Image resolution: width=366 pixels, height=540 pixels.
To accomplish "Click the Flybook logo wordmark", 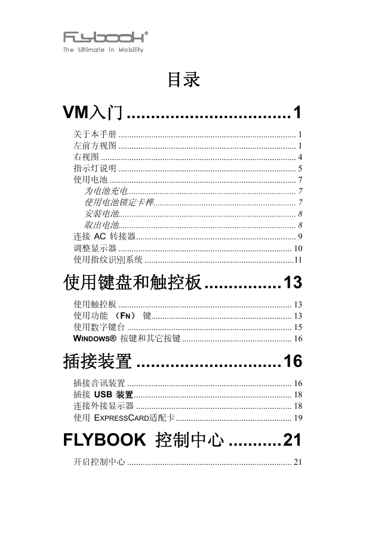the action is pos(106,37).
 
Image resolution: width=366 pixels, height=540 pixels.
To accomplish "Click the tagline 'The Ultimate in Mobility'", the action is pos(103,50).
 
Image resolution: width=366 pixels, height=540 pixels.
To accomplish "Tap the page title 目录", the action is pos(184,79).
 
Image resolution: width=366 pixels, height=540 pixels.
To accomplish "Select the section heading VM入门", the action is pos(93,112).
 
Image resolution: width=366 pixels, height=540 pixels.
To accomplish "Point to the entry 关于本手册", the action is pos(95,134).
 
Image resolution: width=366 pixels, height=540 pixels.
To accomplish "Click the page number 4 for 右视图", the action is pos(300,157).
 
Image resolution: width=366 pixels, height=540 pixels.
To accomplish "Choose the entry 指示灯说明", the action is pos(95,168).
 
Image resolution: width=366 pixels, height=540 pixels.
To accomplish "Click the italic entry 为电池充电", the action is pos(106,191).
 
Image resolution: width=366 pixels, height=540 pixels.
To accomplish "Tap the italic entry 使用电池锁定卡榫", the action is pos(119,202).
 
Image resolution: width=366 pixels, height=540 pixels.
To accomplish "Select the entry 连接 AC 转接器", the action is pos(104,236).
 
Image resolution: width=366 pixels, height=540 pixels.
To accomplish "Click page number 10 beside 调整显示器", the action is pos(298,248).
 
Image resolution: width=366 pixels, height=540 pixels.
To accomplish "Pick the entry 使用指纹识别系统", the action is pos(108,260).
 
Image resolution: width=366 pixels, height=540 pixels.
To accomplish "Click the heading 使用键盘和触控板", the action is pos(133,282).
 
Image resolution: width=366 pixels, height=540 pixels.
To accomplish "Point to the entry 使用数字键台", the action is pos(99,327).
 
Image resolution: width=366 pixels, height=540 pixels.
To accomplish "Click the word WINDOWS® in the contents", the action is pos(95,338).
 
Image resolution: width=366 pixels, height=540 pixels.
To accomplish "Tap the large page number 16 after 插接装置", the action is pos(293,361).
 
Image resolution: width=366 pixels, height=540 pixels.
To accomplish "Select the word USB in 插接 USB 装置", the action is pos(103,394).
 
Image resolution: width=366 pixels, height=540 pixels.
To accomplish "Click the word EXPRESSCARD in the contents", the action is pos(122,418).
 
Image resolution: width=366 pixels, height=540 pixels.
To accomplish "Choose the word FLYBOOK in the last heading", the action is pos(104,440).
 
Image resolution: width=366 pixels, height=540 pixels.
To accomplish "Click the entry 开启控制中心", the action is pos(99,462).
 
